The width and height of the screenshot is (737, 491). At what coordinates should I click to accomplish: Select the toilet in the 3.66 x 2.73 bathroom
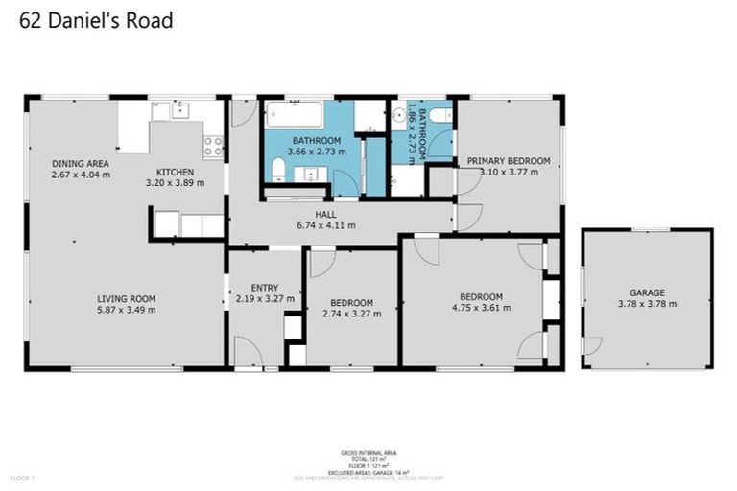(277, 170)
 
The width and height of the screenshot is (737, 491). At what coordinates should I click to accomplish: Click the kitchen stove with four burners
(213, 147)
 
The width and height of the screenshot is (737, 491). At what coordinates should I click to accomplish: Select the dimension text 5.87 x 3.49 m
(127, 310)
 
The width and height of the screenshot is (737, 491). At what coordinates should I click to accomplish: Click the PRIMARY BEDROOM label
(509, 160)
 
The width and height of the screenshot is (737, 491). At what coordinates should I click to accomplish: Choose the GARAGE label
(647, 292)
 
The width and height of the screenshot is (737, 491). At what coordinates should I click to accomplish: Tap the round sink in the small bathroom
(399, 118)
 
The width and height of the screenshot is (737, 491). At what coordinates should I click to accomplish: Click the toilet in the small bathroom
(440, 116)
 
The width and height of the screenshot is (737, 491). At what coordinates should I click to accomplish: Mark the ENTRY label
(264, 287)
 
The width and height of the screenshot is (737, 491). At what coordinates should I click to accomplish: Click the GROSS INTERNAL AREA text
(368, 452)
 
